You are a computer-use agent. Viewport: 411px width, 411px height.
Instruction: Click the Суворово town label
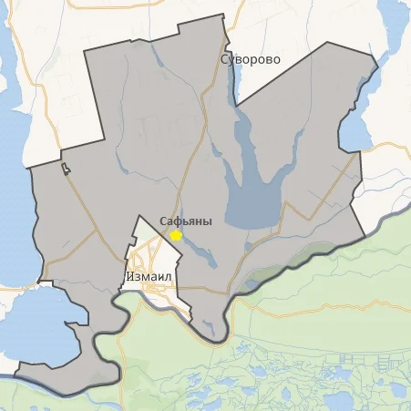click(251, 59)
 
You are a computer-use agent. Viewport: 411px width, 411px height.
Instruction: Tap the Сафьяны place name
click(186, 221)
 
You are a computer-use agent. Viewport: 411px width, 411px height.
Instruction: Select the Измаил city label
click(150, 273)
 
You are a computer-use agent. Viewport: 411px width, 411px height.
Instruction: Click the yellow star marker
click(176, 235)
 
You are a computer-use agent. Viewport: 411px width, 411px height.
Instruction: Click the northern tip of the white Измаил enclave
click(138, 217)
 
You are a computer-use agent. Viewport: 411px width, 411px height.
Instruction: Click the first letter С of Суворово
click(225, 59)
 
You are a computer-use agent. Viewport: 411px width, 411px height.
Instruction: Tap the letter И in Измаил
click(128, 273)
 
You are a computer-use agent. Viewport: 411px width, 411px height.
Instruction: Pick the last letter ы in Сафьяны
click(208, 221)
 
